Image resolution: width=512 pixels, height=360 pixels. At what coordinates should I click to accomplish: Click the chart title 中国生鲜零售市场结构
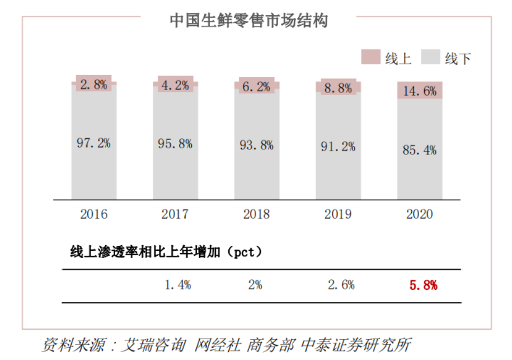pos(248,21)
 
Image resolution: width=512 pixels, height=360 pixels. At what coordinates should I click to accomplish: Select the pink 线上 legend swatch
pos(370,57)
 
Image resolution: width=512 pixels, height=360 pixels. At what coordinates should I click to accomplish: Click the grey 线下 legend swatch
pos(430,57)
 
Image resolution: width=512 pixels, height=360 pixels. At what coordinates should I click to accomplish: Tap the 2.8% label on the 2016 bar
pos(93,85)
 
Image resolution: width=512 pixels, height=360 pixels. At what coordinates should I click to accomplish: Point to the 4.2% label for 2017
pos(175,85)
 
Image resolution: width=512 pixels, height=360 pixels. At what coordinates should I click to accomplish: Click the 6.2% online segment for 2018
pos(257,86)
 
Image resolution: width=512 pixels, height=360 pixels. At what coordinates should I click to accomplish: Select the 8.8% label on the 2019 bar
pos(338,88)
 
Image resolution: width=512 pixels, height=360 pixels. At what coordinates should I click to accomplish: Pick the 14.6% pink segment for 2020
pos(420,91)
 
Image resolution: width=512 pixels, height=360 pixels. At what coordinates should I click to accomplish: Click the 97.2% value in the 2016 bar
pos(93,143)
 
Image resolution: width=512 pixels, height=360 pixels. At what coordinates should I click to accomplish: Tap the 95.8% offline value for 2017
pos(175,143)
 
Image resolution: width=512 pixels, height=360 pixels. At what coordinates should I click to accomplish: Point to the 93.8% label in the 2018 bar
pos(257,145)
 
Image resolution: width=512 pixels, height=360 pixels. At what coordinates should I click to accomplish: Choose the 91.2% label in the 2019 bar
pos(338,147)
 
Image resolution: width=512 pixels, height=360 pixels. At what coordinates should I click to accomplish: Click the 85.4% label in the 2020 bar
pos(420,150)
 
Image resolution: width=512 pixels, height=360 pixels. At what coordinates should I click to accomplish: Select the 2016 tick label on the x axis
pos(93,214)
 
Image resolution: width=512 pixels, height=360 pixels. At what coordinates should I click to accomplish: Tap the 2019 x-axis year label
pos(338,214)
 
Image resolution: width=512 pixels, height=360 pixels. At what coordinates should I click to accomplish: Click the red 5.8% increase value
pos(423,285)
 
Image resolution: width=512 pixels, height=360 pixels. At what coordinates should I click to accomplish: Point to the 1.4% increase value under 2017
pos(178,285)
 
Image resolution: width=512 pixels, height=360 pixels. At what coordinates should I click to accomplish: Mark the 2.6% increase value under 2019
pos(341,285)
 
